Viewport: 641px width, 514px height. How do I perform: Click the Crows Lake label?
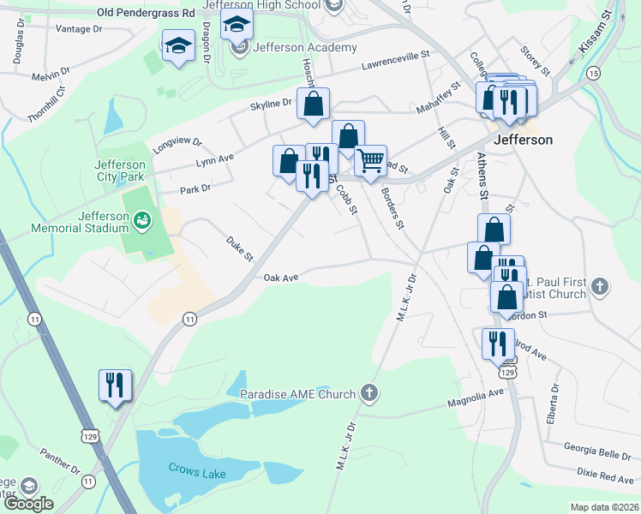coord(196,469)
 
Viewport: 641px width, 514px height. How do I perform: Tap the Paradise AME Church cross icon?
coord(369,393)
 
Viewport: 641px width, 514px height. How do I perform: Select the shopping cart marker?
coord(370,159)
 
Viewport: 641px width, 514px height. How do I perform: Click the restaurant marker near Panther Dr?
coord(115,385)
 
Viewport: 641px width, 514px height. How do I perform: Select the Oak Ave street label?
coord(280,278)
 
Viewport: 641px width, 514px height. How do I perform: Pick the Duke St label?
coord(240,249)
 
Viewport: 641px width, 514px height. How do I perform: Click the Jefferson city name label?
coord(523,140)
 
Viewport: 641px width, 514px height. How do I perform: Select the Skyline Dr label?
coord(271,105)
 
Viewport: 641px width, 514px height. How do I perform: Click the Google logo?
coord(27,504)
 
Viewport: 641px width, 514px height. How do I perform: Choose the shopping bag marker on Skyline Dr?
coord(315,104)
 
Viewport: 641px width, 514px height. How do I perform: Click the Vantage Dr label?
coord(78,29)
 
